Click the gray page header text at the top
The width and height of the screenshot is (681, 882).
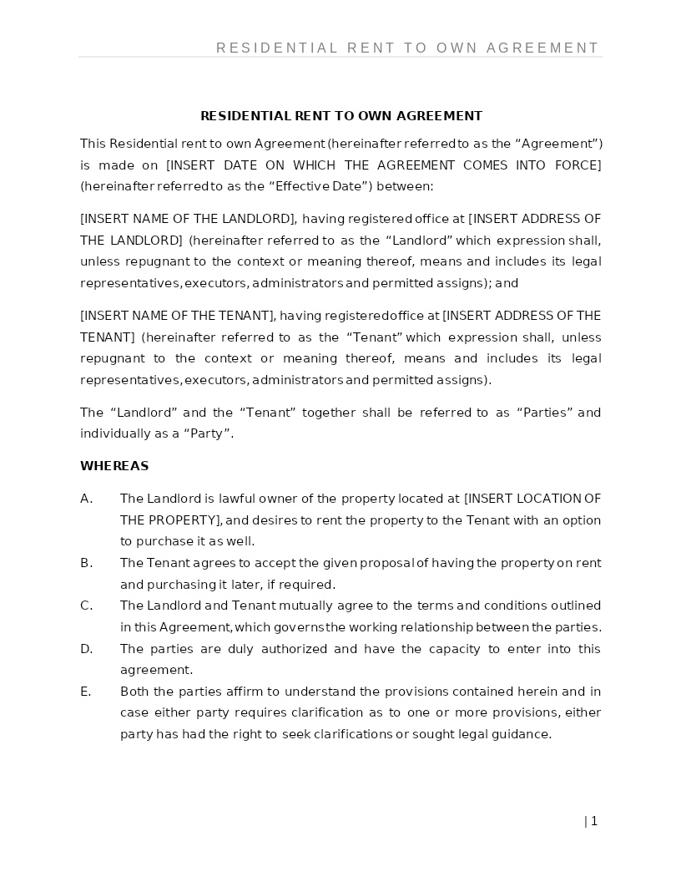click(407, 48)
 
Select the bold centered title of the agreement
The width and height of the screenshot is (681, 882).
click(341, 116)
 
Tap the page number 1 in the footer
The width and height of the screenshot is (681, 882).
click(593, 821)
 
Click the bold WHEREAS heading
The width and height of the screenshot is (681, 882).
click(114, 466)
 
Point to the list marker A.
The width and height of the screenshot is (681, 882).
click(86, 499)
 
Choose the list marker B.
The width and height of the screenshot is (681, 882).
click(86, 563)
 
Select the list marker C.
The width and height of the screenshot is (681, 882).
click(86, 606)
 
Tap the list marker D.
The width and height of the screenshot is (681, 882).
click(86, 649)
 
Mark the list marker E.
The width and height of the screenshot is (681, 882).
click(85, 692)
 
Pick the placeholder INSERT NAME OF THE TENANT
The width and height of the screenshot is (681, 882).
click(177, 316)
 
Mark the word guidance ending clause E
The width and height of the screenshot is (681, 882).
click(523, 734)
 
